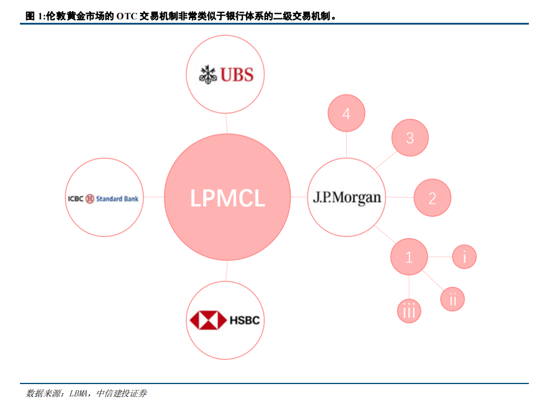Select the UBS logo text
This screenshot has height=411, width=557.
pyautogui.click(x=237, y=74)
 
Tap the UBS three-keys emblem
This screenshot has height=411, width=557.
pyautogui.click(x=208, y=74)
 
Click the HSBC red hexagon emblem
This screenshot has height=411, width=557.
pyautogui.click(x=208, y=320)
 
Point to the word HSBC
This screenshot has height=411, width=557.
pyautogui.click(x=244, y=320)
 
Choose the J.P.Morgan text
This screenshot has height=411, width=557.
pyautogui.click(x=347, y=197)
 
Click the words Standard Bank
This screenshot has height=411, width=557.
pyautogui.click(x=117, y=198)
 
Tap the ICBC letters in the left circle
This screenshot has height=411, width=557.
pyautogui.click(x=76, y=198)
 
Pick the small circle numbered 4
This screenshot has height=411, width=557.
pyautogui.click(x=346, y=114)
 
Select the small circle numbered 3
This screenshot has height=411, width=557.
pyautogui.click(x=410, y=138)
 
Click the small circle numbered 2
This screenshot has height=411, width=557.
pyautogui.click(x=432, y=198)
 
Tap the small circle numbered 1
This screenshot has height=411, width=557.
pyautogui.click(x=409, y=257)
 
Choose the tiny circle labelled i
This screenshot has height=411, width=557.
pyautogui.click(x=464, y=256)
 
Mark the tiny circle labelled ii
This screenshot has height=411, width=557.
pyautogui.click(x=453, y=299)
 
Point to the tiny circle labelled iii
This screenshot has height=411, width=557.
pyautogui.click(x=409, y=311)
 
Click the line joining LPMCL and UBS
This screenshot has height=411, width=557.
pyautogui.click(x=226, y=123)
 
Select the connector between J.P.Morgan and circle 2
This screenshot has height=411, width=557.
pyautogui.click(x=399, y=197)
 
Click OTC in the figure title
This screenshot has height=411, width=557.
pyautogui.click(x=127, y=16)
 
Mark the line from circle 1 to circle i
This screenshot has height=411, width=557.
pyautogui.click(x=440, y=257)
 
